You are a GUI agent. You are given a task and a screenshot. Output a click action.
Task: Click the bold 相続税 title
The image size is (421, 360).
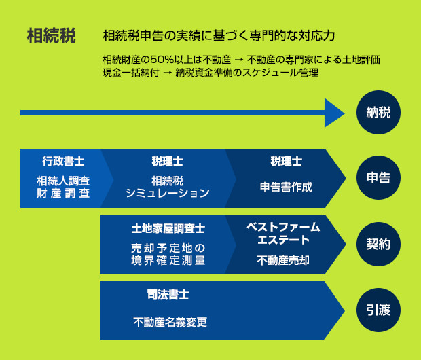[51, 35]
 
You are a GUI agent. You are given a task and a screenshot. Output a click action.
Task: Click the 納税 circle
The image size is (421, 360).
[378, 112]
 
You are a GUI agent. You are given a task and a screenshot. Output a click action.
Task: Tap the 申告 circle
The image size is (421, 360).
[378, 177]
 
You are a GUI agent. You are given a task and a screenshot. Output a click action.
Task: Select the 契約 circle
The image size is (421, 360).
[378, 245]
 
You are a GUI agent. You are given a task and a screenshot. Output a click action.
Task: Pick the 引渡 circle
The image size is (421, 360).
[378, 310]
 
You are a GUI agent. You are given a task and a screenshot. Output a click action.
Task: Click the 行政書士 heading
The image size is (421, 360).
[63, 161]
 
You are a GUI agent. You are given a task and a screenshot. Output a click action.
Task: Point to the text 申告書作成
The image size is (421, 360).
[286, 187]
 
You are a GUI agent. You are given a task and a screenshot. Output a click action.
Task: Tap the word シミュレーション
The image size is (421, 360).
[167, 193]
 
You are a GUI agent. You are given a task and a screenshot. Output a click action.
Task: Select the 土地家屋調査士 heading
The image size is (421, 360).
[168, 228]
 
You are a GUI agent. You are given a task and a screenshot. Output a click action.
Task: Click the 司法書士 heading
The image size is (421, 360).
[168, 294]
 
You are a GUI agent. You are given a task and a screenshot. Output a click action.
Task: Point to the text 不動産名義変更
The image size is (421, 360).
[170, 322]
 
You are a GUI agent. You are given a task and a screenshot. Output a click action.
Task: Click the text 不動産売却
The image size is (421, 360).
[283, 260]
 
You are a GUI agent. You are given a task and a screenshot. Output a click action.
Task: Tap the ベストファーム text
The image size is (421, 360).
[283, 227]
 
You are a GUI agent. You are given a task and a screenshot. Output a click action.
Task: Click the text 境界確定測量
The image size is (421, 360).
[168, 260]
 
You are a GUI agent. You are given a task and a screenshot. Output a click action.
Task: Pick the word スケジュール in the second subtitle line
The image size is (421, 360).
[271, 73]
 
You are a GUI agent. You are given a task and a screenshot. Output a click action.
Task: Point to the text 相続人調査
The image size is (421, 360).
[63, 181]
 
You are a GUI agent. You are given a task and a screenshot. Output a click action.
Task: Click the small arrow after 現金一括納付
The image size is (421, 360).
[167, 73]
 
